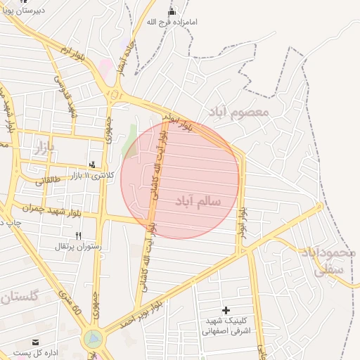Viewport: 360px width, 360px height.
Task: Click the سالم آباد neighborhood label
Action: [198, 201]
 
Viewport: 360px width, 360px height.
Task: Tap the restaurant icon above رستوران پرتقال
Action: [79, 236]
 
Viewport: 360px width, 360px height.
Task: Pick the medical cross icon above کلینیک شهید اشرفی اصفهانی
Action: [226, 310]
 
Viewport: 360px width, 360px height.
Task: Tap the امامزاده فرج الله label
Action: [172, 22]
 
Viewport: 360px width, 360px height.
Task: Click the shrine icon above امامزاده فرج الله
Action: [172, 11]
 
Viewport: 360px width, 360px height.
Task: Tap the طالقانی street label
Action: [48, 180]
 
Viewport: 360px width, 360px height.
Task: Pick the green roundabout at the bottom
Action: [92, 340]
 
